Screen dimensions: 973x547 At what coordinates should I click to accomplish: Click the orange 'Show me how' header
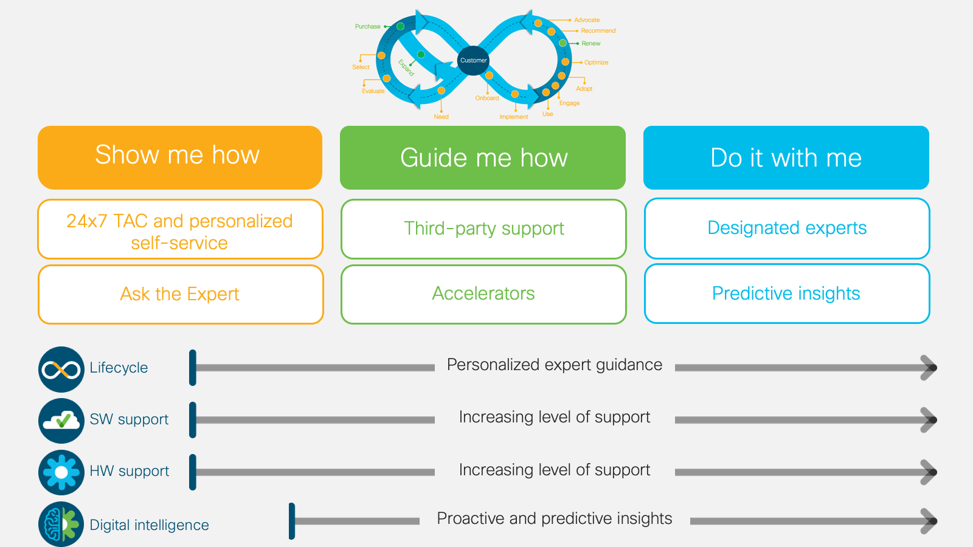click(x=180, y=157)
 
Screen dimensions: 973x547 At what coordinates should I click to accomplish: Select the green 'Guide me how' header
click(x=483, y=157)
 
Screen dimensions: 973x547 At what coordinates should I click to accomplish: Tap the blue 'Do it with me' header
click(x=786, y=157)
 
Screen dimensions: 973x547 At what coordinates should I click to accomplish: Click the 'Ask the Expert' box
click(x=181, y=294)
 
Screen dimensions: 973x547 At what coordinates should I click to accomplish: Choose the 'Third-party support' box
click(x=483, y=229)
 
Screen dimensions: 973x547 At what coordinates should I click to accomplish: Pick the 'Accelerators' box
click(x=483, y=294)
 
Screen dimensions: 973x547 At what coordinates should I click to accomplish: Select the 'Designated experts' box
click(x=787, y=229)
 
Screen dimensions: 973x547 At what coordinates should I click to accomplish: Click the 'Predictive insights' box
click(x=787, y=294)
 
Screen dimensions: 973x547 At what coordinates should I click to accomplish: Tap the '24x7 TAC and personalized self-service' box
click(x=181, y=229)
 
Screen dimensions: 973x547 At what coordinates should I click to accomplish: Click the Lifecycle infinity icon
click(x=61, y=370)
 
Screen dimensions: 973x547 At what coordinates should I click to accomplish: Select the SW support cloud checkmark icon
click(x=61, y=421)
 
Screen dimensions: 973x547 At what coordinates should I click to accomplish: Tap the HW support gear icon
click(x=61, y=472)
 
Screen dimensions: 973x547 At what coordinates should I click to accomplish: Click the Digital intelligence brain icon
click(x=61, y=525)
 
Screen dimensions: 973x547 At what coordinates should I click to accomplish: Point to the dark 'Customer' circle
click(x=474, y=60)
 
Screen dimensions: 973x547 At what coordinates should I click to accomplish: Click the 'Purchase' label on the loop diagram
click(x=367, y=27)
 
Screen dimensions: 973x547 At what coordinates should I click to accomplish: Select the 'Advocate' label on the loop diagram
click(x=587, y=20)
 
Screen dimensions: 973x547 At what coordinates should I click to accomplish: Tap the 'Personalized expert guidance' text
click(x=555, y=365)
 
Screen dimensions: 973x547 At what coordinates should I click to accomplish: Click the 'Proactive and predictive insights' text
click(x=555, y=518)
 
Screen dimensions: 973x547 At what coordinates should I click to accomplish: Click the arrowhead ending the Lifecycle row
click(x=929, y=368)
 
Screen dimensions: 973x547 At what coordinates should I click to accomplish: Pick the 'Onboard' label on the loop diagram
click(x=487, y=98)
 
